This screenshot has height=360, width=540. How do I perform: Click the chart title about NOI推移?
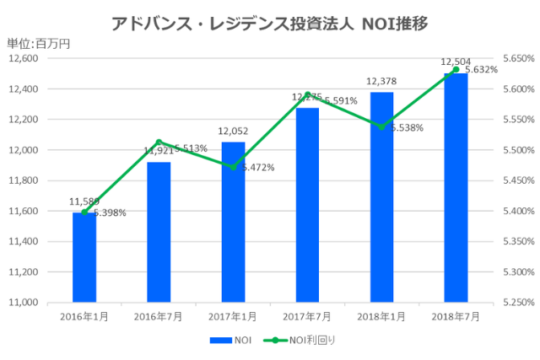[x=269, y=23]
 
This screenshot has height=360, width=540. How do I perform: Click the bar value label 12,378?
[x=381, y=81]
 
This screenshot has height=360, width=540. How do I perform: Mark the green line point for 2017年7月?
[x=308, y=94]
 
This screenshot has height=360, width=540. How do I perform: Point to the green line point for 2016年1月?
[x=84, y=212]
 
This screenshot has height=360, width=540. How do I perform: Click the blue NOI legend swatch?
[x=220, y=341]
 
